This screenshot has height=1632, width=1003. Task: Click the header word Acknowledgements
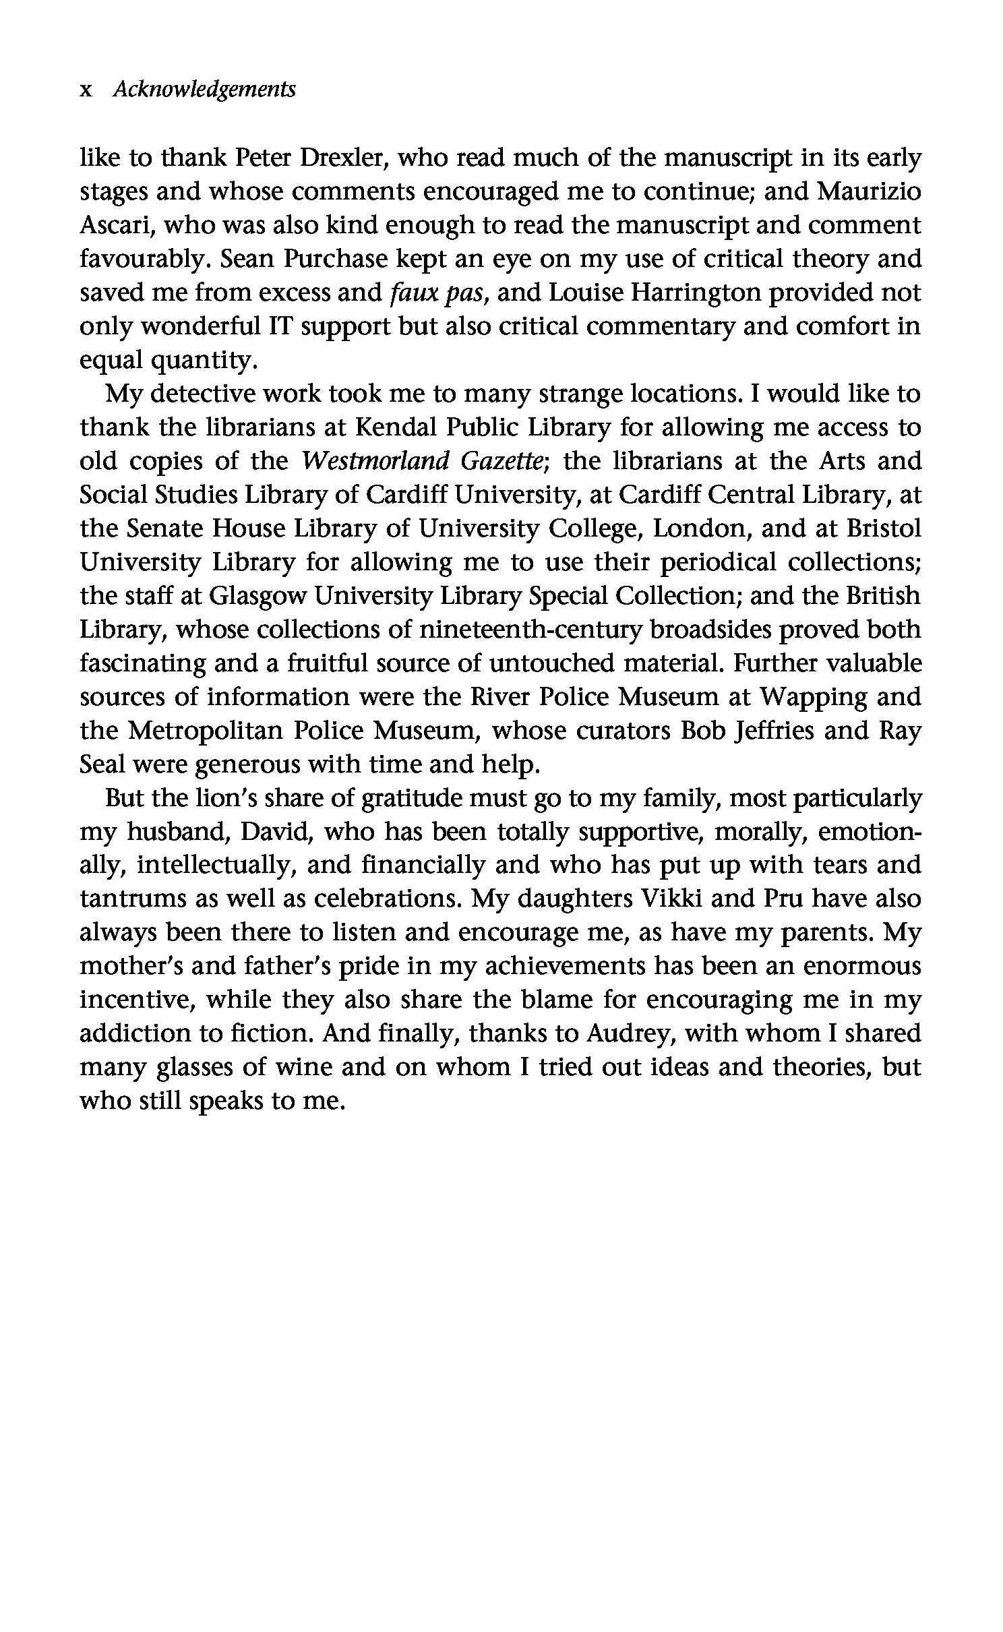[204, 90]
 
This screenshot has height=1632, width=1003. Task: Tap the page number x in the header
[86, 90]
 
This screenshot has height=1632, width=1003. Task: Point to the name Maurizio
[869, 192]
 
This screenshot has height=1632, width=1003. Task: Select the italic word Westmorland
[375, 462]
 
